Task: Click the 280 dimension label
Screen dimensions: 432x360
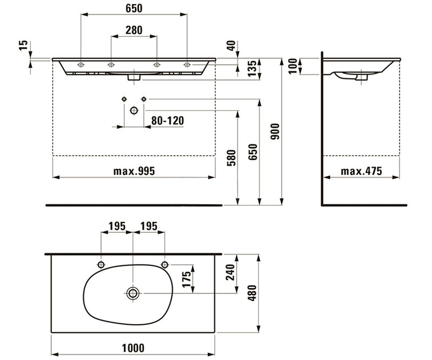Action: click(x=134, y=30)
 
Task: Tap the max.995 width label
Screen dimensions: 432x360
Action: click(x=134, y=171)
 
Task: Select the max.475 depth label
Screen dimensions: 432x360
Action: click(x=361, y=171)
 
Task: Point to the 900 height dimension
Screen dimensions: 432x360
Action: click(x=275, y=131)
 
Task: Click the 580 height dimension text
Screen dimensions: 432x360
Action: click(x=231, y=158)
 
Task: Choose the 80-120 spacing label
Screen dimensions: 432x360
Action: click(x=168, y=121)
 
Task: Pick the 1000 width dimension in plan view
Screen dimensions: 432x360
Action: click(x=133, y=348)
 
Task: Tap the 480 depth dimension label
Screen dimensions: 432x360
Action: click(x=253, y=293)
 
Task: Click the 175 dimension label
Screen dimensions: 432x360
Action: click(x=186, y=279)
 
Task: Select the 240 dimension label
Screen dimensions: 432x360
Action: click(x=230, y=272)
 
